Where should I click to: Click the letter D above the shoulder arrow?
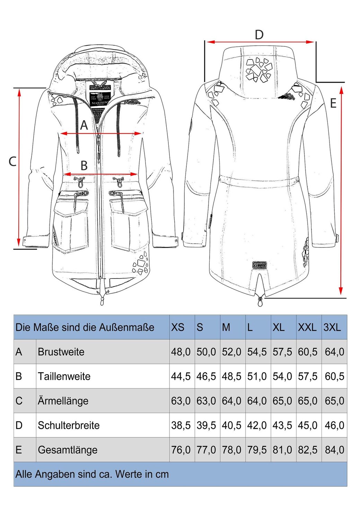[259, 35]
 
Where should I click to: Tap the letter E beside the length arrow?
[333, 103]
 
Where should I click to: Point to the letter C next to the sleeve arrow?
[12, 161]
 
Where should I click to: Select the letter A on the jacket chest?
[84, 125]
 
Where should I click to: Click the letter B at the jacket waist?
[84, 166]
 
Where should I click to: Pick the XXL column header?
[307, 327]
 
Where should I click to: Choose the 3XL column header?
[332, 327]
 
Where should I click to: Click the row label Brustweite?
[61, 352]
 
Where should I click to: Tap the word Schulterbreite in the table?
[69, 425]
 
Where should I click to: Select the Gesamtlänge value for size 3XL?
[334, 450]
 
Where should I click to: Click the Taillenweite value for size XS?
[180, 376]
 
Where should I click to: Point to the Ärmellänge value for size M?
[231, 401]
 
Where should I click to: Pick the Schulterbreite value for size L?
[257, 425]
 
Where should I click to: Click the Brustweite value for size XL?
[282, 352]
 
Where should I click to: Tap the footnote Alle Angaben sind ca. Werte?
[92, 474]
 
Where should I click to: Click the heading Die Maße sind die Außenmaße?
[85, 327]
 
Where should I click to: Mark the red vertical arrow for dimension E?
[341, 190]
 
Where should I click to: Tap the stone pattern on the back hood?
[258, 70]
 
